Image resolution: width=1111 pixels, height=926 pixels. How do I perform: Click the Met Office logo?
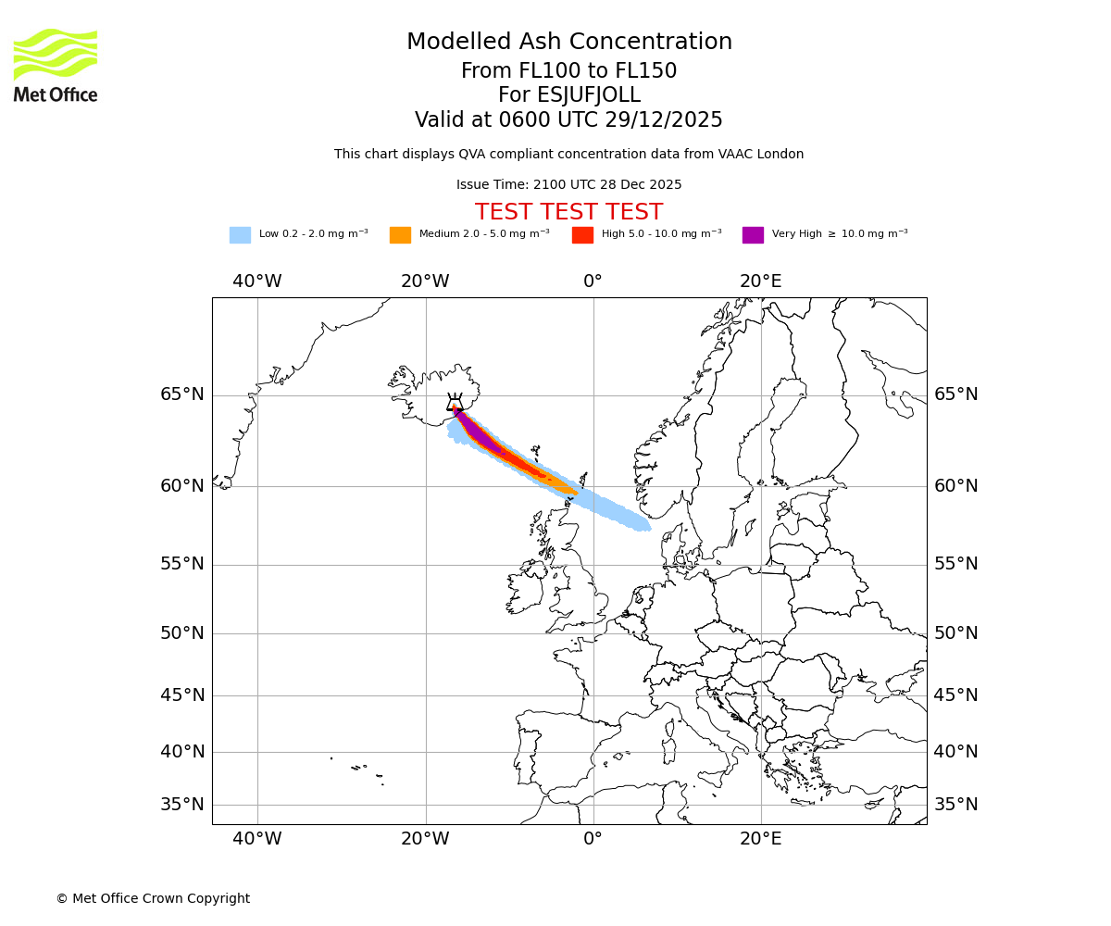[x=56, y=66]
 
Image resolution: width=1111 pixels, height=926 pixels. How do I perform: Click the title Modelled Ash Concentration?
[x=568, y=43]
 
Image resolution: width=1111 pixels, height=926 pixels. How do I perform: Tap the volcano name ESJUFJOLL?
[x=568, y=95]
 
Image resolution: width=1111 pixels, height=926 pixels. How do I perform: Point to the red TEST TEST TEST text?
[x=568, y=213]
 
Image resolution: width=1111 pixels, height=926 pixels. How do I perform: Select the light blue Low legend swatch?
[x=240, y=235]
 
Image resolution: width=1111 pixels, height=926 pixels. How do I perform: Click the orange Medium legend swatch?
[x=400, y=235]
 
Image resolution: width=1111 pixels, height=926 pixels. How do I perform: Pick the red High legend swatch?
[x=582, y=235]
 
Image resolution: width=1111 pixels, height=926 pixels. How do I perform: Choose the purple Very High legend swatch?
[x=753, y=235]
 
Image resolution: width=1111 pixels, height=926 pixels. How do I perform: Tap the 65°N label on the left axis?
[x=181, y=394]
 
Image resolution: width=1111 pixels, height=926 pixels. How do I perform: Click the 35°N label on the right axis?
[x=955, y=805]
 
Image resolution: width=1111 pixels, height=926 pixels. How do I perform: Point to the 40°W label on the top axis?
[x=256, y=282]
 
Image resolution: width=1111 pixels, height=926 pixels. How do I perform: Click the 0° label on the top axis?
[x=593, y=282]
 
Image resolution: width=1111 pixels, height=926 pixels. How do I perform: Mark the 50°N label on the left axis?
[x=181, y=633]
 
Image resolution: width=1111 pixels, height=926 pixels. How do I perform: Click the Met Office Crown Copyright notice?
[x=153, y=899]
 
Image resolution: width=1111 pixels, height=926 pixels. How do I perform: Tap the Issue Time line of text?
[x=568, y=185]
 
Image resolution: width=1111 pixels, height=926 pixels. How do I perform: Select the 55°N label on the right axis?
[x=955, y=564]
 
